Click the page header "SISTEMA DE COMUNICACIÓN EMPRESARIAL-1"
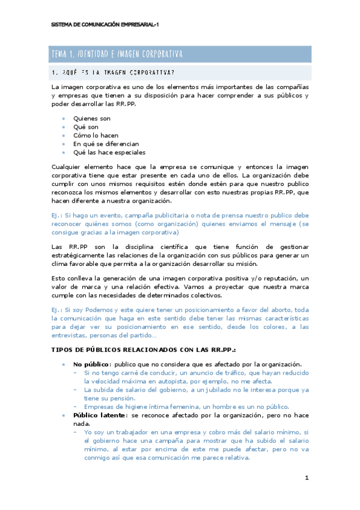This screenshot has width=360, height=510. (105, 25)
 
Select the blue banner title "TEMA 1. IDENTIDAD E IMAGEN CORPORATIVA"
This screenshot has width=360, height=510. (117, 55)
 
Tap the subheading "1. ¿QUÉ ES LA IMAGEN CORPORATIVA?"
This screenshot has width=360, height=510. (114, 73)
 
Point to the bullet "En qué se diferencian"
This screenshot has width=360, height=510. (106, 144)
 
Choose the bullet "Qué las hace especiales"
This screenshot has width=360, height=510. (109, 152)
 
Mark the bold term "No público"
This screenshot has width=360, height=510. (91, 364)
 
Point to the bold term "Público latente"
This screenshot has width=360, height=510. (100, 415)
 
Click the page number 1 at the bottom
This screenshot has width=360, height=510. (307, 478)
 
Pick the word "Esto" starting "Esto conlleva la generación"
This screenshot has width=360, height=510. (59, 278)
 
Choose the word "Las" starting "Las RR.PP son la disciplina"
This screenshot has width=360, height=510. (58, 247)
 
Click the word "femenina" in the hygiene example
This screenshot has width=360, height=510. (185, 406)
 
